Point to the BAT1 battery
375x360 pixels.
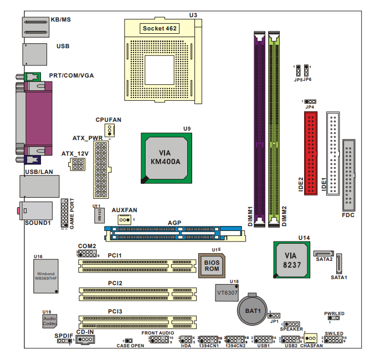click(x=254, y=310)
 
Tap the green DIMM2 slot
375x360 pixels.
click(x=274, y=127)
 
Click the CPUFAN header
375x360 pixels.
click(x=110, y=130)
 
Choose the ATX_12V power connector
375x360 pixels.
click(x=78, y=164)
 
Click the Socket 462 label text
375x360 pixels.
click(x=160, y=28)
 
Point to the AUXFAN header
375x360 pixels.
click(x=124, y=220)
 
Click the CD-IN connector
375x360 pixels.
click(x=85, y=340)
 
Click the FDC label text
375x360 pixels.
click(x=348, y=215)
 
